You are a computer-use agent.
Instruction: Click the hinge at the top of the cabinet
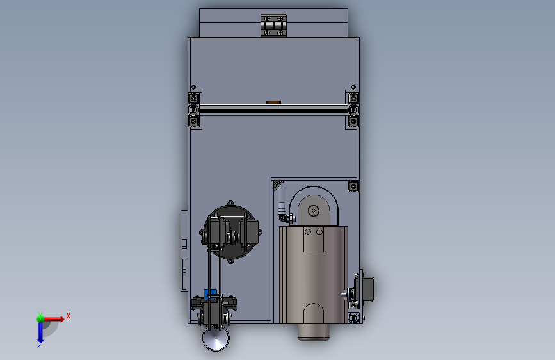pos(273,26)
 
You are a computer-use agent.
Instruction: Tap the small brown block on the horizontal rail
pos(273,102)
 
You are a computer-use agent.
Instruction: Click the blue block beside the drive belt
pos(210,294)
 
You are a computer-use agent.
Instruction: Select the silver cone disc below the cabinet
pos(216,338)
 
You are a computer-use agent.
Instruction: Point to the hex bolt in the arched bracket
pos(314,211)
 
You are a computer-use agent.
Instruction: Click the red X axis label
pos(68,316)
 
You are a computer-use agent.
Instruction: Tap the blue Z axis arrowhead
pos(40,342)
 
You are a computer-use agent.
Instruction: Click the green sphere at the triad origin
pos(40,319)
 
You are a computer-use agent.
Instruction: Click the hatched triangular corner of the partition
pos(278,185)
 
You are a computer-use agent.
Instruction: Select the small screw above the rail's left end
pos(193,87)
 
